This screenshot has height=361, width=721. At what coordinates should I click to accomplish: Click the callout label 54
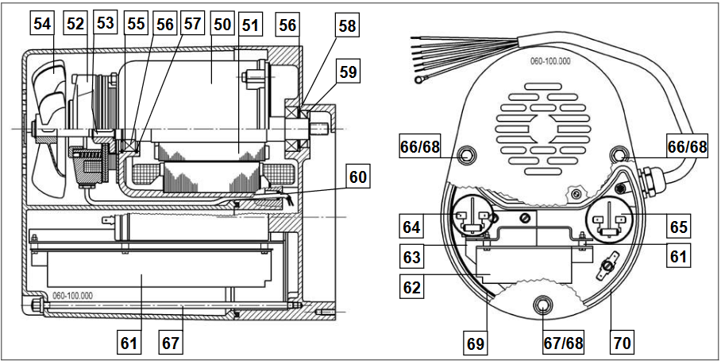pos(43,25)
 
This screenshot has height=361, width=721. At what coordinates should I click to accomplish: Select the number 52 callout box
pos(75,25)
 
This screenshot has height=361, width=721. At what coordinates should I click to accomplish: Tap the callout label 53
pos(105,25)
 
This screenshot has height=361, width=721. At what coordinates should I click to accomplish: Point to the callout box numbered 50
pos(222,25)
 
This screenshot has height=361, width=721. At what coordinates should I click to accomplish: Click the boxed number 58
pos(346,25)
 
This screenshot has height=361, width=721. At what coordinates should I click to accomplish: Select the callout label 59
pos(346,72)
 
